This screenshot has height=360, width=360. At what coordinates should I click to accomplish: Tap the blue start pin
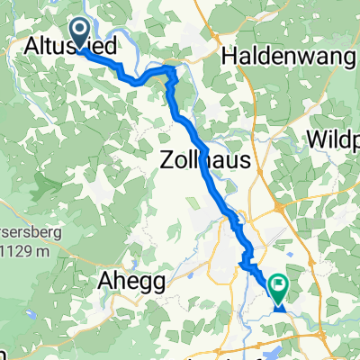pyautogui.click(x=79, y=36)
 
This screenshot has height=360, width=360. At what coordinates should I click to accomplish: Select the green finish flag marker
pyautogui.click(x=279, y=290)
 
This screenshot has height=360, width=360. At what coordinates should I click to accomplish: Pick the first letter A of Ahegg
pyautogui.click(x=103, y=282)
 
